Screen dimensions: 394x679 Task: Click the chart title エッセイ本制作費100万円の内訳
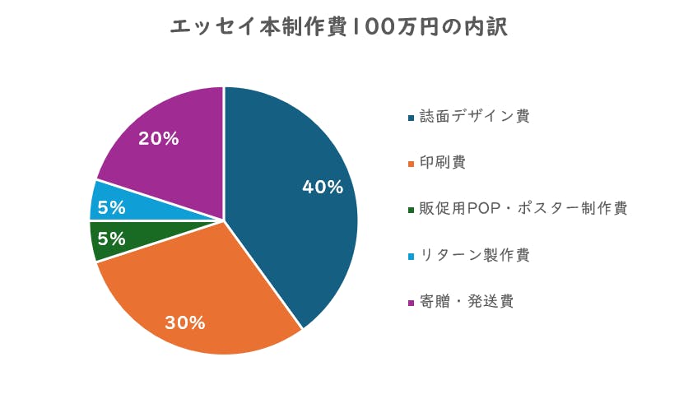[338, 28]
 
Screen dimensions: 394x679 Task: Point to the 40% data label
[323, 188]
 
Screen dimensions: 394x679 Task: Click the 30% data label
[185, 322]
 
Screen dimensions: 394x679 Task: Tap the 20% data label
[159, 138]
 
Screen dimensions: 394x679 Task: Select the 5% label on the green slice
[112, 239]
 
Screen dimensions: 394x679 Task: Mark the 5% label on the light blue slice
[112, 207]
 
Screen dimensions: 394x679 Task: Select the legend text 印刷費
[442, 162]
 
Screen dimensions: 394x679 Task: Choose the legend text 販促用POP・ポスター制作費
[523, 208]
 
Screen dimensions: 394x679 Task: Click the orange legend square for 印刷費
[410, 164]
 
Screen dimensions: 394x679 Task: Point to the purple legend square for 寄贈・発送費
[410, 303]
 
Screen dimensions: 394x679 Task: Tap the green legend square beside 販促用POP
[410, 210]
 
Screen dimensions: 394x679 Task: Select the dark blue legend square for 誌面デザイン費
[410, 118]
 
